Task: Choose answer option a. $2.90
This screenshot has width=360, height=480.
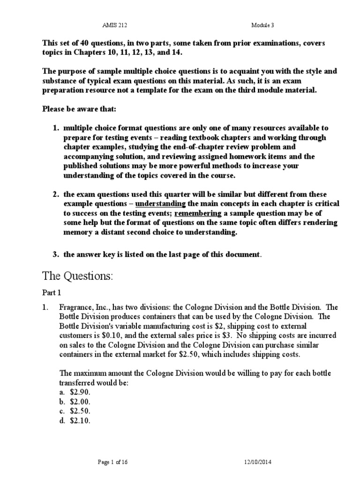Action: (x=75, y=393)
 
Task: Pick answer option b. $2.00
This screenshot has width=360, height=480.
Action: (x=75, y=402)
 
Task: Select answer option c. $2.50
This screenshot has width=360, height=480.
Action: (x=75, y=411)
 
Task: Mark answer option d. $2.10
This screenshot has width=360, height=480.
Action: (x=75, y=420)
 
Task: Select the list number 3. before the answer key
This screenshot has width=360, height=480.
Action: (x=55, y=255)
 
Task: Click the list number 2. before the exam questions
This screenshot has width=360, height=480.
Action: (x=55, y=194)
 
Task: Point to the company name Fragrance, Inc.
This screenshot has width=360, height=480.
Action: (x=81, y=307)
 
